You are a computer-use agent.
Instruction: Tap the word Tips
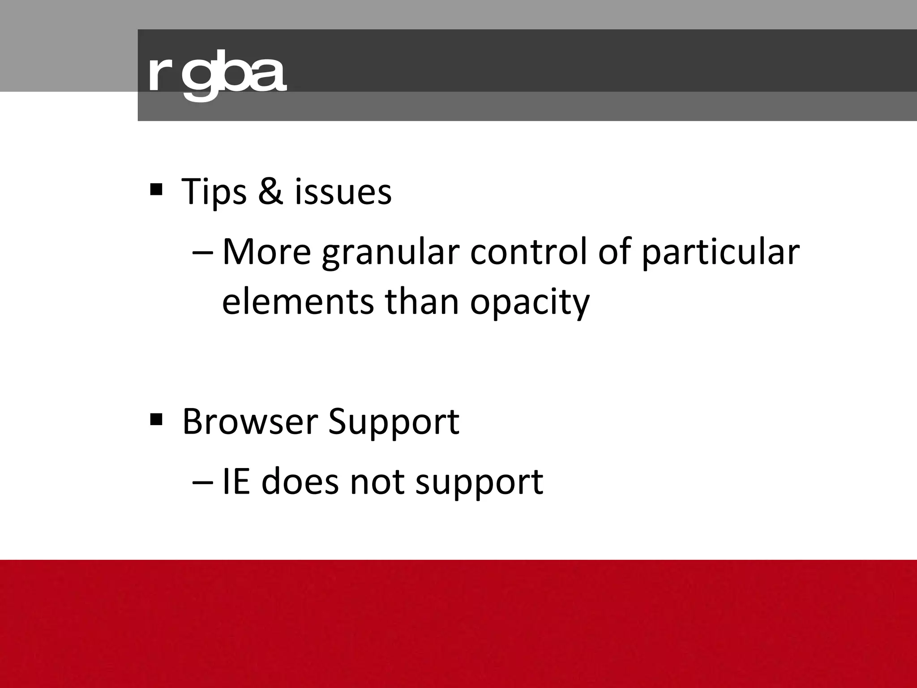click(x=214, y=192)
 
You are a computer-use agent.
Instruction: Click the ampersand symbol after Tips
click(x=270, y=191)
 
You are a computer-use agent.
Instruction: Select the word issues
click(x=343, y=192)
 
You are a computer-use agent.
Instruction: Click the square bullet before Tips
click(x=156, y=189)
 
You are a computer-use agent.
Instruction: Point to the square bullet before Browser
click(x=156, y=420)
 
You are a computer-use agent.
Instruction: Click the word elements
click(x=298, y=301)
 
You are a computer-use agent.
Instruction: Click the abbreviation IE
click(x=236, y=482)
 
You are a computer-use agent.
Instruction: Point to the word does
click(x=300, y=482)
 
